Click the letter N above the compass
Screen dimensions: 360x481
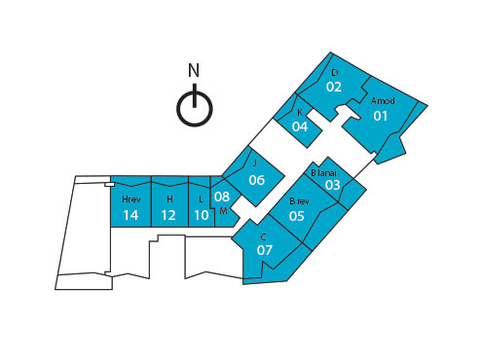[x=194, y=70]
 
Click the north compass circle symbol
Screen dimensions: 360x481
[x=194, y=108]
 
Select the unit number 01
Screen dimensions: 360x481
[x=381, y=117]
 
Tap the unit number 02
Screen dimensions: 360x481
[x=334, y=87]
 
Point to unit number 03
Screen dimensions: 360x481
[x=333, y=185]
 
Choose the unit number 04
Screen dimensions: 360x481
[x=300, y=126]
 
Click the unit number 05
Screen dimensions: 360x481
[x=297, y=216]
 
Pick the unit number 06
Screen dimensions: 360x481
[x=257, y=180]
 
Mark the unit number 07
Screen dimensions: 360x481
[x=265, y=250]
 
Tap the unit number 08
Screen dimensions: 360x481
[x=222, y=197]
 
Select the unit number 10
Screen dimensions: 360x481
[x=202, y=215]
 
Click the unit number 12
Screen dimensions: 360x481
[x=168, y=215]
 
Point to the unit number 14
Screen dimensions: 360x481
[x=130, y=215]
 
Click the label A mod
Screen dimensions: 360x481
[x=383, y=100]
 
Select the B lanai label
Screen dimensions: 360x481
[x=323, y=172]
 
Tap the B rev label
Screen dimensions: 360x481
[x=299, y=201]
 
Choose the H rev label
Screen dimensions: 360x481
[x=130, y=199]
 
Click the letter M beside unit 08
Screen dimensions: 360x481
[x=223, y=211]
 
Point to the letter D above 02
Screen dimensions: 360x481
[x=334, y=73]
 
